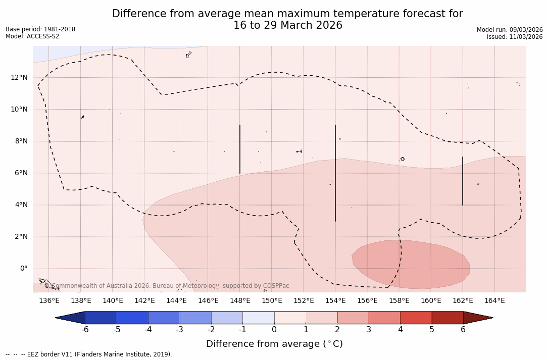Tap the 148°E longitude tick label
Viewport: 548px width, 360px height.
coord(240,300)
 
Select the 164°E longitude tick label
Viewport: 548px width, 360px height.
coord(494,300)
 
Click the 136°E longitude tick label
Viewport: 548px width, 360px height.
coord(49,300)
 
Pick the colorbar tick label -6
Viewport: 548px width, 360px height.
coord(85,330)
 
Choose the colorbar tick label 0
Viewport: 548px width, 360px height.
coord(274,330)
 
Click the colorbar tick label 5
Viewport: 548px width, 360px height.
coord(432,330)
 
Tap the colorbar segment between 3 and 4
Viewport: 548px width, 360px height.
coord(384,318)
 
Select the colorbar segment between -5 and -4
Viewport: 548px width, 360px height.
coord(132,318)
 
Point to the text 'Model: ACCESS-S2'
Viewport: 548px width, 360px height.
coord(32,36)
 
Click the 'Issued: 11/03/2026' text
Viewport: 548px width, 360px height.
coord(515,37)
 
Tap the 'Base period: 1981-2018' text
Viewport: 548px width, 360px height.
coord(40,29)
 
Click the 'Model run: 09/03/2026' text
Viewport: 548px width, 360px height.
coord(510,30)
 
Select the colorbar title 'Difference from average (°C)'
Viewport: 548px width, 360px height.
coord(274,344)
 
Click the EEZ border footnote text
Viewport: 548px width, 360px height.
coord(88,354)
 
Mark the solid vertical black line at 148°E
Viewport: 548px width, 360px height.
coord(240,149)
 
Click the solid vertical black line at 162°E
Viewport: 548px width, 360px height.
coord(463,181)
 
